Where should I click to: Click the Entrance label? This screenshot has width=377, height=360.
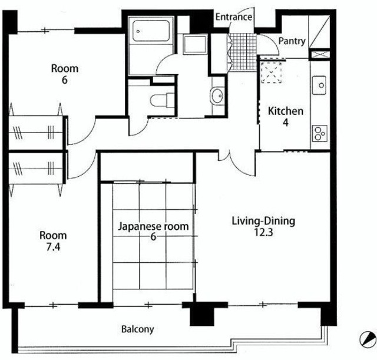[x=234, y=17]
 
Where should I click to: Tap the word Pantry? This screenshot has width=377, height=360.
[x=292, y=41]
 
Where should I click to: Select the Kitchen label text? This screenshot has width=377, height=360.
[x=285, y=111]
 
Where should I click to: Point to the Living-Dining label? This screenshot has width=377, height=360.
[x=263, y=221]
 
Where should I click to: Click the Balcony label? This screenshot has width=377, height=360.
[x=137, y=329]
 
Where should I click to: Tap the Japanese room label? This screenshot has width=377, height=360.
[x=153, y=226]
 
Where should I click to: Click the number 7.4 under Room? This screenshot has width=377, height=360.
[x=53, y=247]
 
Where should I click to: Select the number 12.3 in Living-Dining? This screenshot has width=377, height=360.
[x=263, y=233]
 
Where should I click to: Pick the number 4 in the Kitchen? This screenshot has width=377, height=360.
[x=286, y=123]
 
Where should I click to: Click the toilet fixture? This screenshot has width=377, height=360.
[x=162, y=100]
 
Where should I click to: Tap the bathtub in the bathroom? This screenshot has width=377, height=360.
[x=151, y=31]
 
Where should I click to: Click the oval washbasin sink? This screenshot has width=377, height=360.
[x=217, y=95]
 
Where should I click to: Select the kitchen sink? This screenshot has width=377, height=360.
[x=319, y=85]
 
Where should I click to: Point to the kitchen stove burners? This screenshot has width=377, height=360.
[x=320, y=133]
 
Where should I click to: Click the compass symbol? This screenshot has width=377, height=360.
[x=368, y=339]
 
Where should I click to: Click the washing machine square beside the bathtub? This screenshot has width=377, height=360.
[x=195, y=44]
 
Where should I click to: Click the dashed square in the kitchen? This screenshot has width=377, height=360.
[x=272, y=72]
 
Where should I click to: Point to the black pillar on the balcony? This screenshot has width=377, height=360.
[x=202, y=313]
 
